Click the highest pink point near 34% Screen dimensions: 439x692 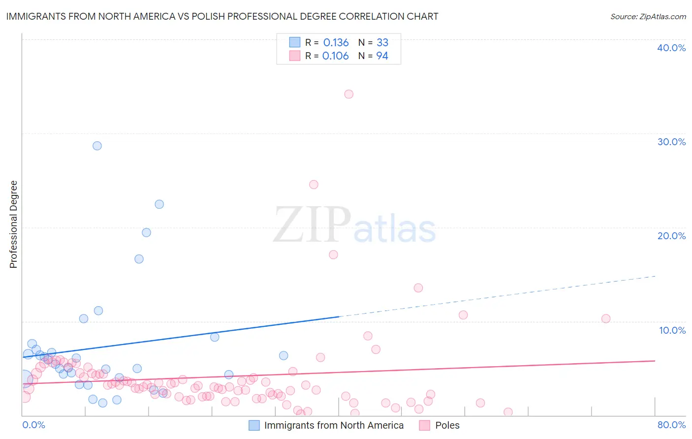click(x=349, y=94)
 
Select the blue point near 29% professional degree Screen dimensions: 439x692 click(x=97, y=146)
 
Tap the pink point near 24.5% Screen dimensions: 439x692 click(x=314, y=185)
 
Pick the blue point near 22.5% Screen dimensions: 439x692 click(x=159, y=204)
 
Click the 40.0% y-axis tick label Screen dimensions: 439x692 click(x=671, y=48)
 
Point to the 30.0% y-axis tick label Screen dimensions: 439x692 click(x=671, y=142)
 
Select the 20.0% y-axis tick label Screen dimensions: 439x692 click(x=671, y=236)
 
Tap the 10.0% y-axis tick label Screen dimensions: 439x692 click(x=672, y=330)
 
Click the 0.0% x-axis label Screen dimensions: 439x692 click(x=33, y=425)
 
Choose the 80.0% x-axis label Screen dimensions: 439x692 click(x=671, y=425)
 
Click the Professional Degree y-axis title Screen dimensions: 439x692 click(x=13, y=224)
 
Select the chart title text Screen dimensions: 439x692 click(x=222, y=16)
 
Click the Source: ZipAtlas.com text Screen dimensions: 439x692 click(x=648, y=16)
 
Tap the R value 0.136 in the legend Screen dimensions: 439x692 click(x=336, y=43)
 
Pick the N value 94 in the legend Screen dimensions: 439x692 click(x=382, y=56)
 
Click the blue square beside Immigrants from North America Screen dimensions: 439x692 click(x=254, y=425)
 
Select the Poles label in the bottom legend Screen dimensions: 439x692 click(x=447, y=425)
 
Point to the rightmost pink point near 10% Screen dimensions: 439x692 click(x=606, y=318)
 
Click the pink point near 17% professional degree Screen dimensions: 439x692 click(x=333, y=255)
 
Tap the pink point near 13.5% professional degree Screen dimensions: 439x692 click(x=418, y=288)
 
